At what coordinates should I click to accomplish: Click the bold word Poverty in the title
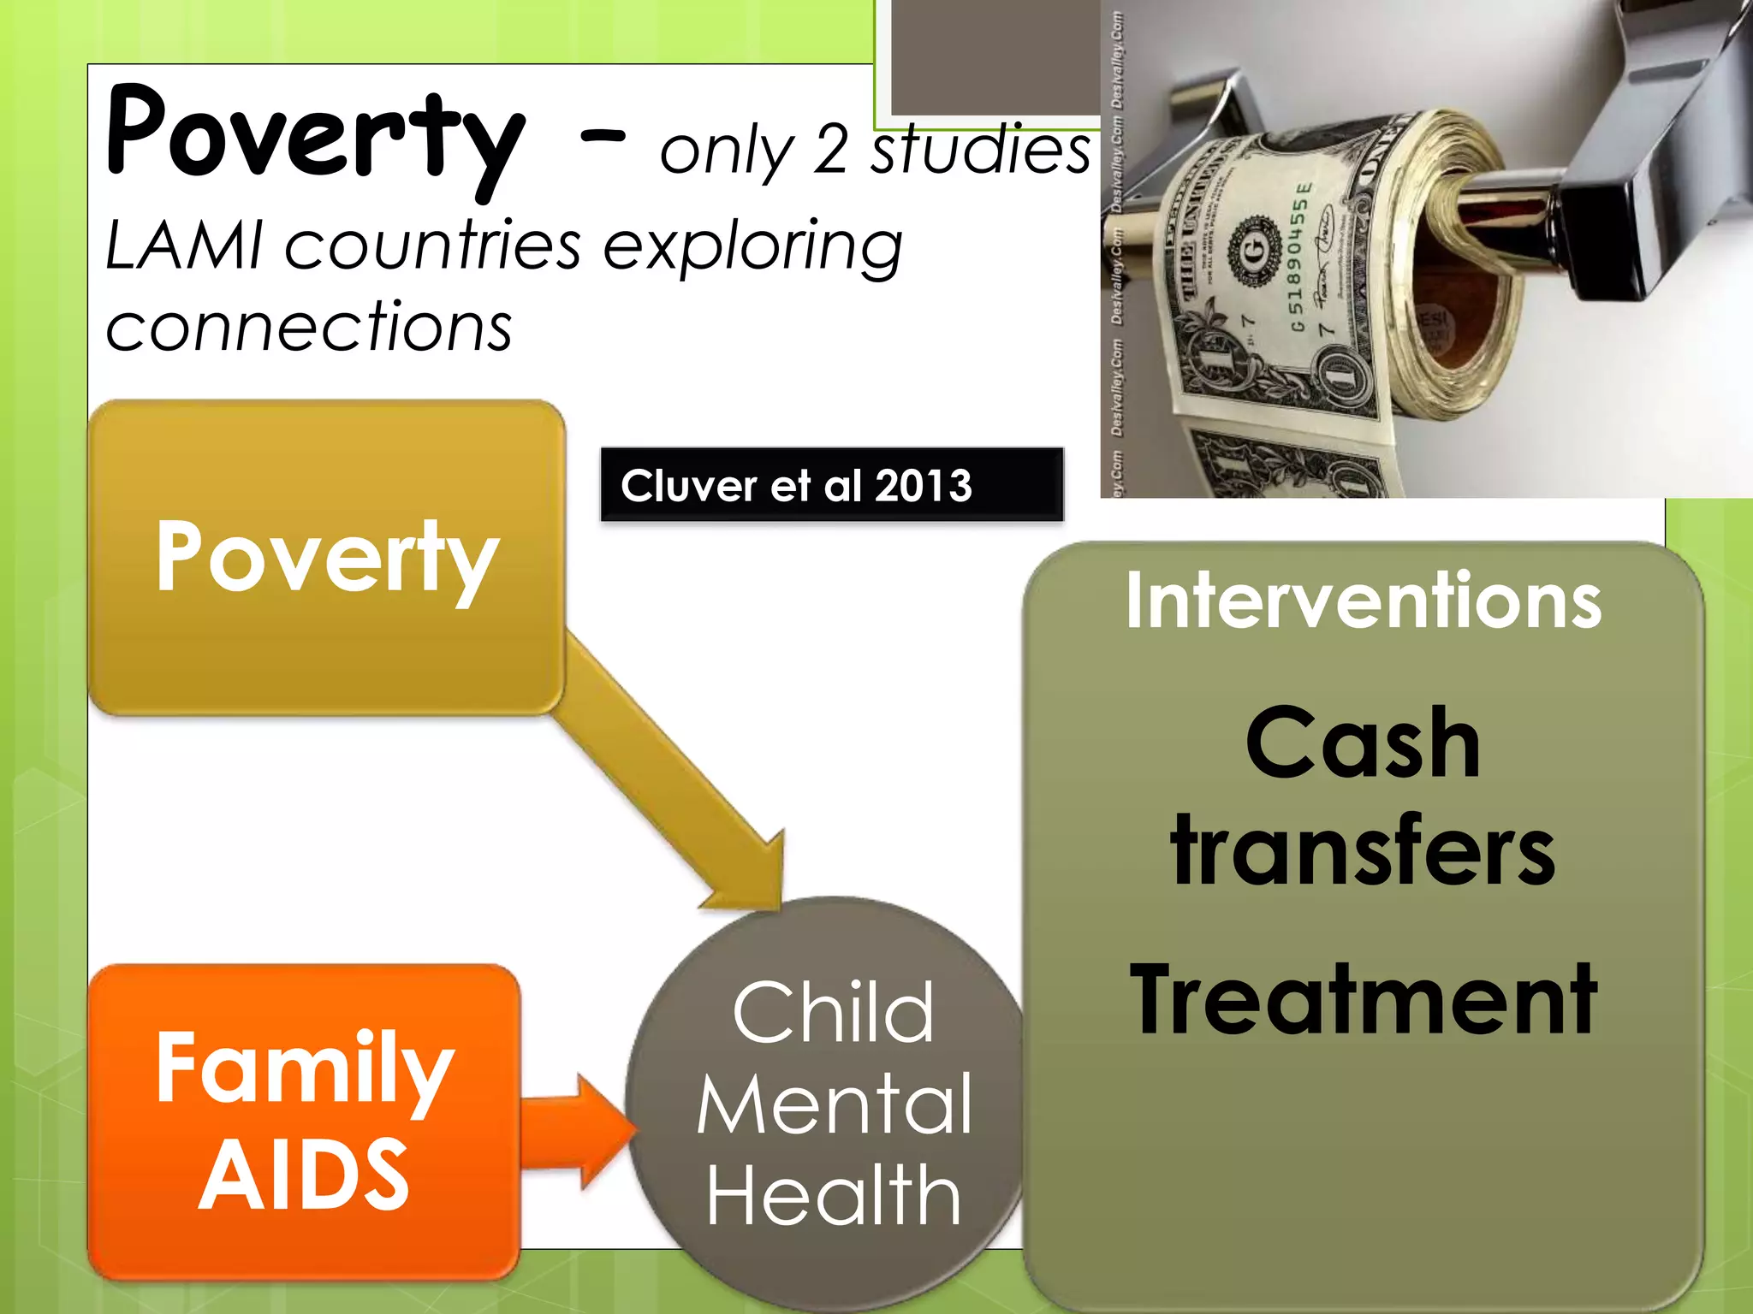315,137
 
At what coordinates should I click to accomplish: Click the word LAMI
184,246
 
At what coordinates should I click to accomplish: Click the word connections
309,327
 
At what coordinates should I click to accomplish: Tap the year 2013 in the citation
924,485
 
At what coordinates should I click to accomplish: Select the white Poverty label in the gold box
327,558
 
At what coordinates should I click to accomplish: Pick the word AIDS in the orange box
304,1176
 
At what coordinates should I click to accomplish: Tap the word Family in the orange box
304,1069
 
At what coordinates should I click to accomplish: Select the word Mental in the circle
834,1105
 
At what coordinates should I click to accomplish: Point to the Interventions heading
1363,601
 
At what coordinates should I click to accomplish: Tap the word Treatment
1363,999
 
